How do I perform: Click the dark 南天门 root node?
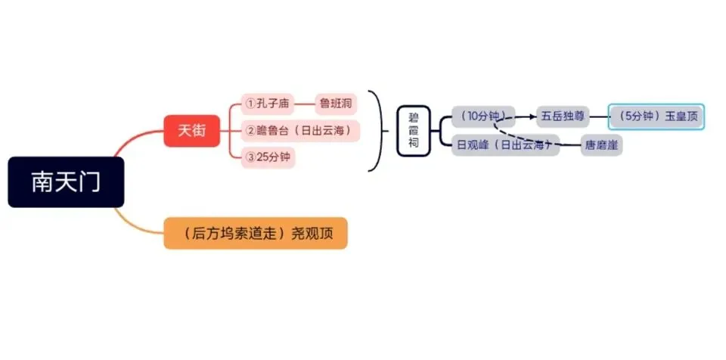(x=66, y=182)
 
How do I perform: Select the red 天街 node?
(x=191, y=131)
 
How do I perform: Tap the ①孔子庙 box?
(x=268, y=104)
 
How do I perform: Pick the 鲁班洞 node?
(x=336, y=104)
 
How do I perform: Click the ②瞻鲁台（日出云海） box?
(x=300, y=131)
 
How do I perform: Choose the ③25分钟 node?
(x=268, y=157)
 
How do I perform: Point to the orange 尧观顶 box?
(x=256, y=233)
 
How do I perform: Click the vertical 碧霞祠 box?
(x=414, y=131)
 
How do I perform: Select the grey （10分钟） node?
(x=483, y=116)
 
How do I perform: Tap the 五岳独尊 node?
(x=563, y=116)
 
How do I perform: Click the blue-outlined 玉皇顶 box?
(x=656, y=116)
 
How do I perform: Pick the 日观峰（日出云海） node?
(x=506, y=145)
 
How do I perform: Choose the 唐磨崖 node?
(x=601, y=145)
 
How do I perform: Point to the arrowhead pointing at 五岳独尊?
(x=532, y=116)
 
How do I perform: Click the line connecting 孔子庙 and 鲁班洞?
(x=305, y=104)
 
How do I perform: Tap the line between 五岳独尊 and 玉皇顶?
(x=598, y=116)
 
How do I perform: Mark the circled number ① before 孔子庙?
(x=250, y=104)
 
